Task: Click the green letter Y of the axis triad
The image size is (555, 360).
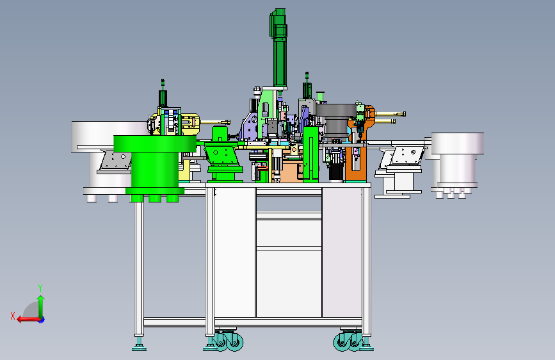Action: click(40, 288)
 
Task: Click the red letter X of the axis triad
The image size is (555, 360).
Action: click(13, 316)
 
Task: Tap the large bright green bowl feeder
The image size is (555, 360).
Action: click(155, 167)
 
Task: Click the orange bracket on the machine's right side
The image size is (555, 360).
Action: click(359, 145)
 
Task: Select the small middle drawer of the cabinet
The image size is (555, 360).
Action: click(289, 233)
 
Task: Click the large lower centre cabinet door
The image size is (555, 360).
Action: click(289, 284)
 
